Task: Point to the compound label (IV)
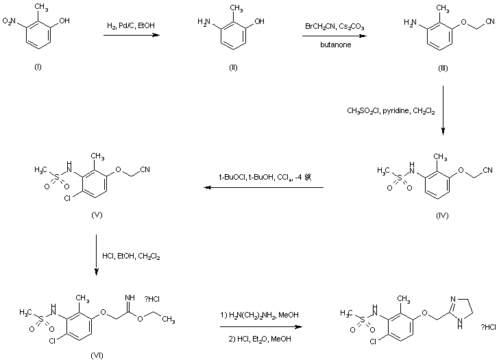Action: point(442,215)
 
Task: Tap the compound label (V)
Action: point(97,215)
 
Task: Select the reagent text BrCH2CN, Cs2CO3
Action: point(334,26)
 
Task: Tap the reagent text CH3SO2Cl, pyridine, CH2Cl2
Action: point(391,108)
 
